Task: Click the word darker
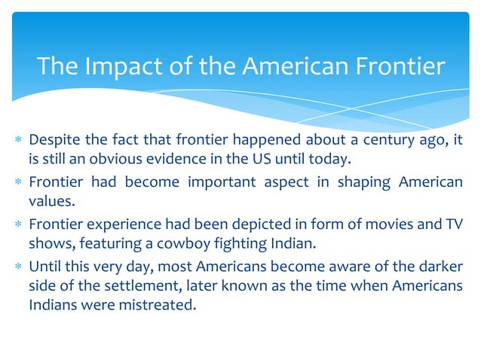tap(440, 266)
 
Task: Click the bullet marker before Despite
tap(17, 140)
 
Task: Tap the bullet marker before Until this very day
tap(17, 267)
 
